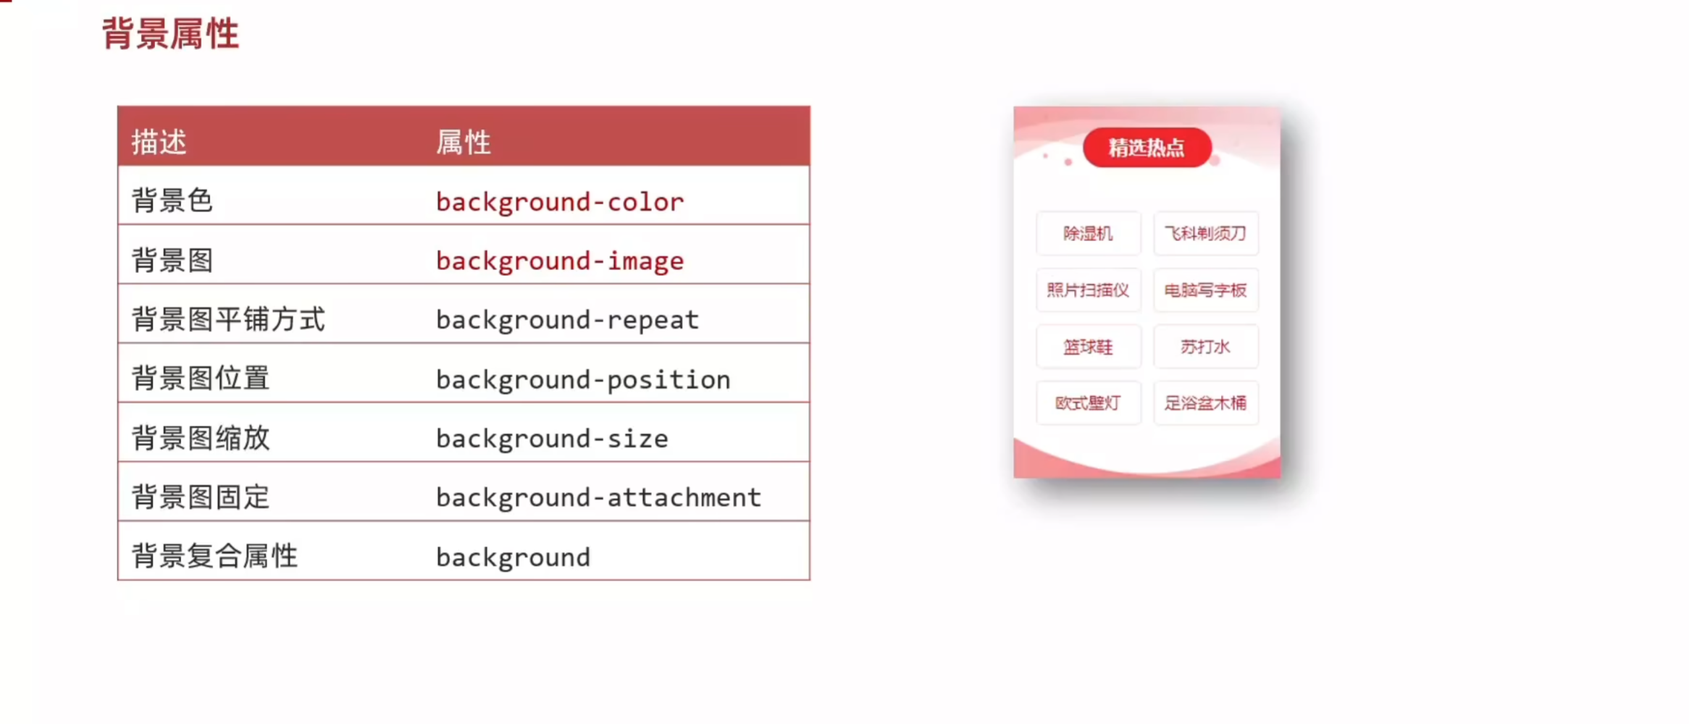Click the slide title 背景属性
(171, 34)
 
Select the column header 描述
(159, 142)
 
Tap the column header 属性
(464, 142)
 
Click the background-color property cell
(560, 202)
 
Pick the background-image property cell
(560, 261)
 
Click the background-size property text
(552, 439)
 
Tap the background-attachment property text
(599, 498)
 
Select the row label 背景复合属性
(214, 556)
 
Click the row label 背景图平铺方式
(229, 319)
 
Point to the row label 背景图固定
(201, 497)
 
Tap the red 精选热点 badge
(1147, 148)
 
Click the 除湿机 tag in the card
(1089, 233)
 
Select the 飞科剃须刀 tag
(1206, 233)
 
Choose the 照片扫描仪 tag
(1089, 290)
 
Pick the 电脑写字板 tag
(1206, 290)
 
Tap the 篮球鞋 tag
(1089, 347)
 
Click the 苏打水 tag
(1206, 347)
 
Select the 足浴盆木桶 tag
(1206, 403)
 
